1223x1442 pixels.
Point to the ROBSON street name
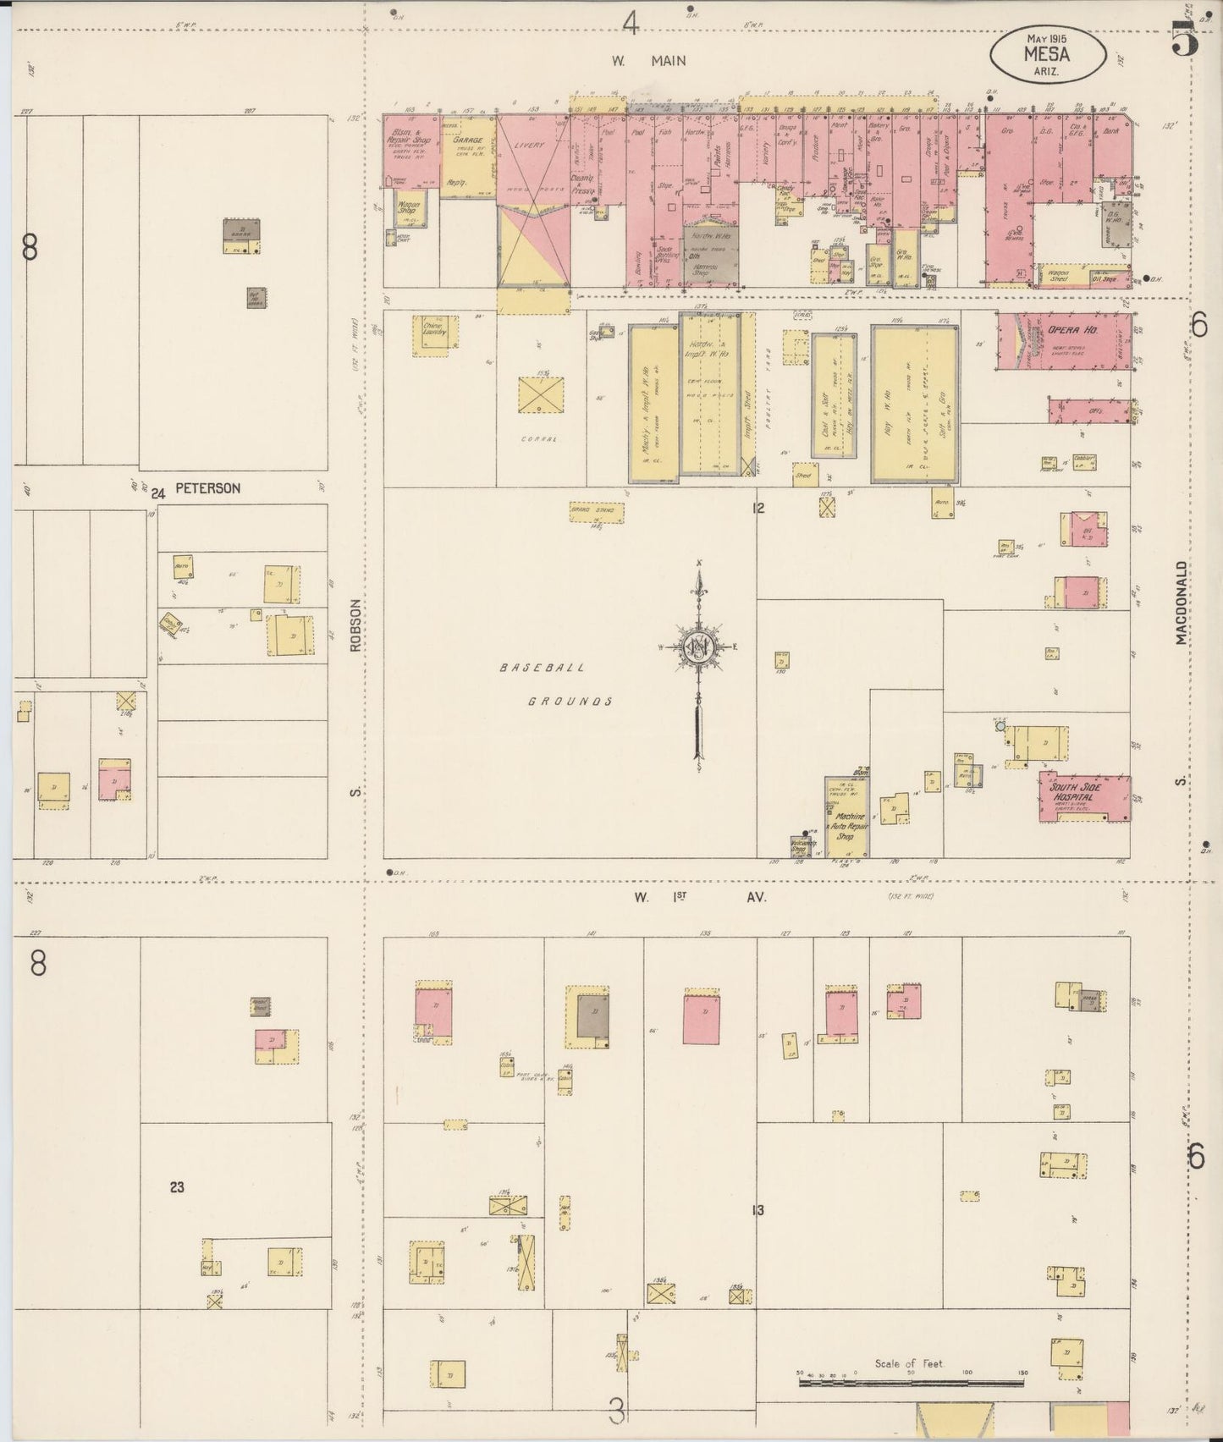point(356,627)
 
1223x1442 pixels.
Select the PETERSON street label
point(207,488)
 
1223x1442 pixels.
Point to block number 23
point(176,1187)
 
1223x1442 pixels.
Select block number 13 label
point(757,1211)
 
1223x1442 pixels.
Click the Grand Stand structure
point(596,511)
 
